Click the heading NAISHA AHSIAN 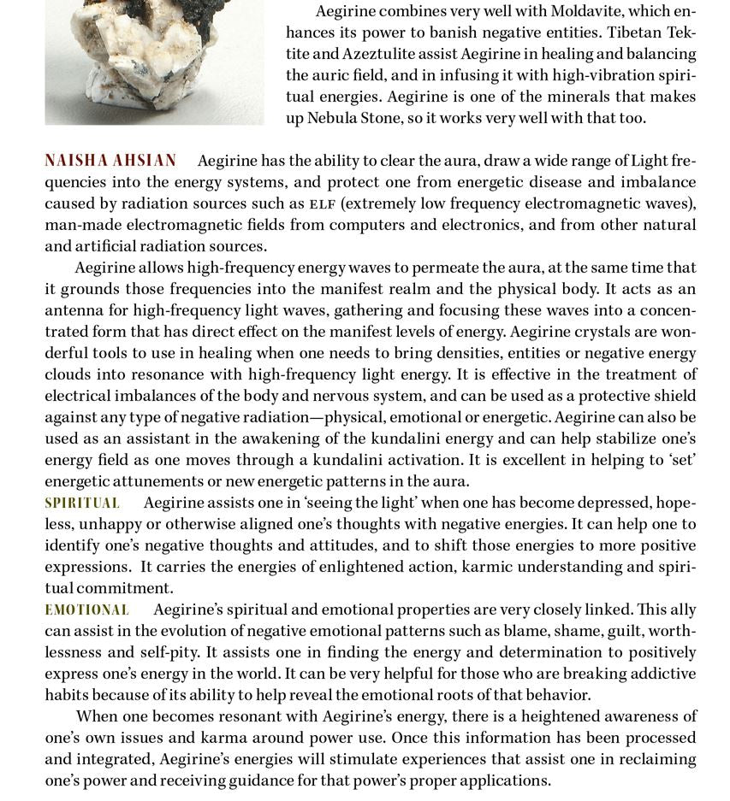tap(110, 161)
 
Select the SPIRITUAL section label tap(82, 503)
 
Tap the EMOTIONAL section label tap(86, 610)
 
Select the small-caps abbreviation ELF tap(322, 204)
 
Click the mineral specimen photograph tap(154, 60)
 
